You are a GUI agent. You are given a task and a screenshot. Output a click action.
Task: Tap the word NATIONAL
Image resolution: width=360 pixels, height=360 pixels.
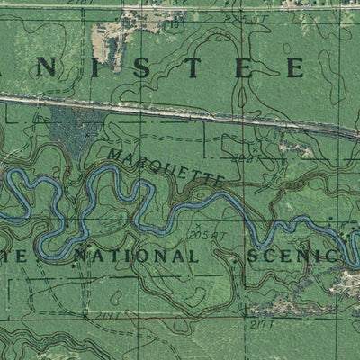tap(135, 256)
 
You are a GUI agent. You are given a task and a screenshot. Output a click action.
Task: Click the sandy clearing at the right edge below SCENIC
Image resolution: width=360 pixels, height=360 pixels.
tap(346, 286)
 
